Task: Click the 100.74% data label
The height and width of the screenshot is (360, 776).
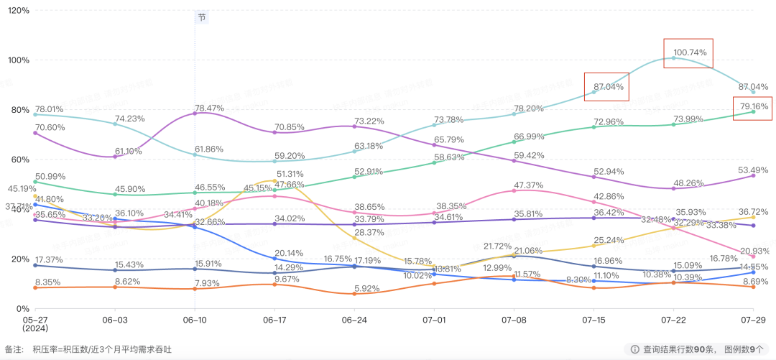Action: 690,52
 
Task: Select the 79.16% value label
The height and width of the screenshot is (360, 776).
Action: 753,106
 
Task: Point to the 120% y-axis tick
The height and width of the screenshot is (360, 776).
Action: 17,11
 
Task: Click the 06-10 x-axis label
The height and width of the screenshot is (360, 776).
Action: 195,318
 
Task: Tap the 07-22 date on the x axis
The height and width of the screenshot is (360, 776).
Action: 673,318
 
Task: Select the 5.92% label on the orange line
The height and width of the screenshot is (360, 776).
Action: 366,290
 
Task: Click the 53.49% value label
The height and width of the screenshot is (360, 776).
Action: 754,170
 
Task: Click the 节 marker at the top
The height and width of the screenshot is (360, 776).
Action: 202,17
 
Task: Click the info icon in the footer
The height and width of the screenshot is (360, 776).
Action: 634,349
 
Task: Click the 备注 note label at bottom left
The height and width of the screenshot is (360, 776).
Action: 14,349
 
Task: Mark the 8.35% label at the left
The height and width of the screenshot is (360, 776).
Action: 47,282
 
